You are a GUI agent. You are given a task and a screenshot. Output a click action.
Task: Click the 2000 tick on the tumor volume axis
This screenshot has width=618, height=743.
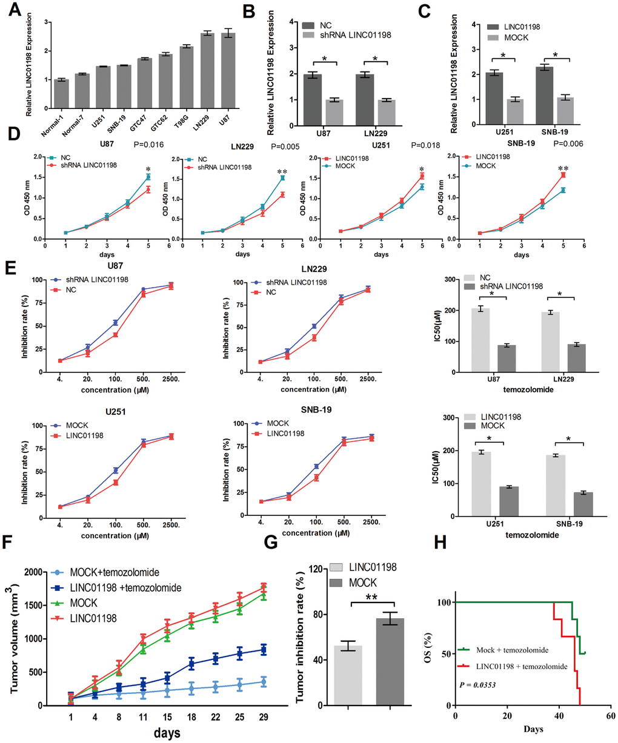[32, 572]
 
